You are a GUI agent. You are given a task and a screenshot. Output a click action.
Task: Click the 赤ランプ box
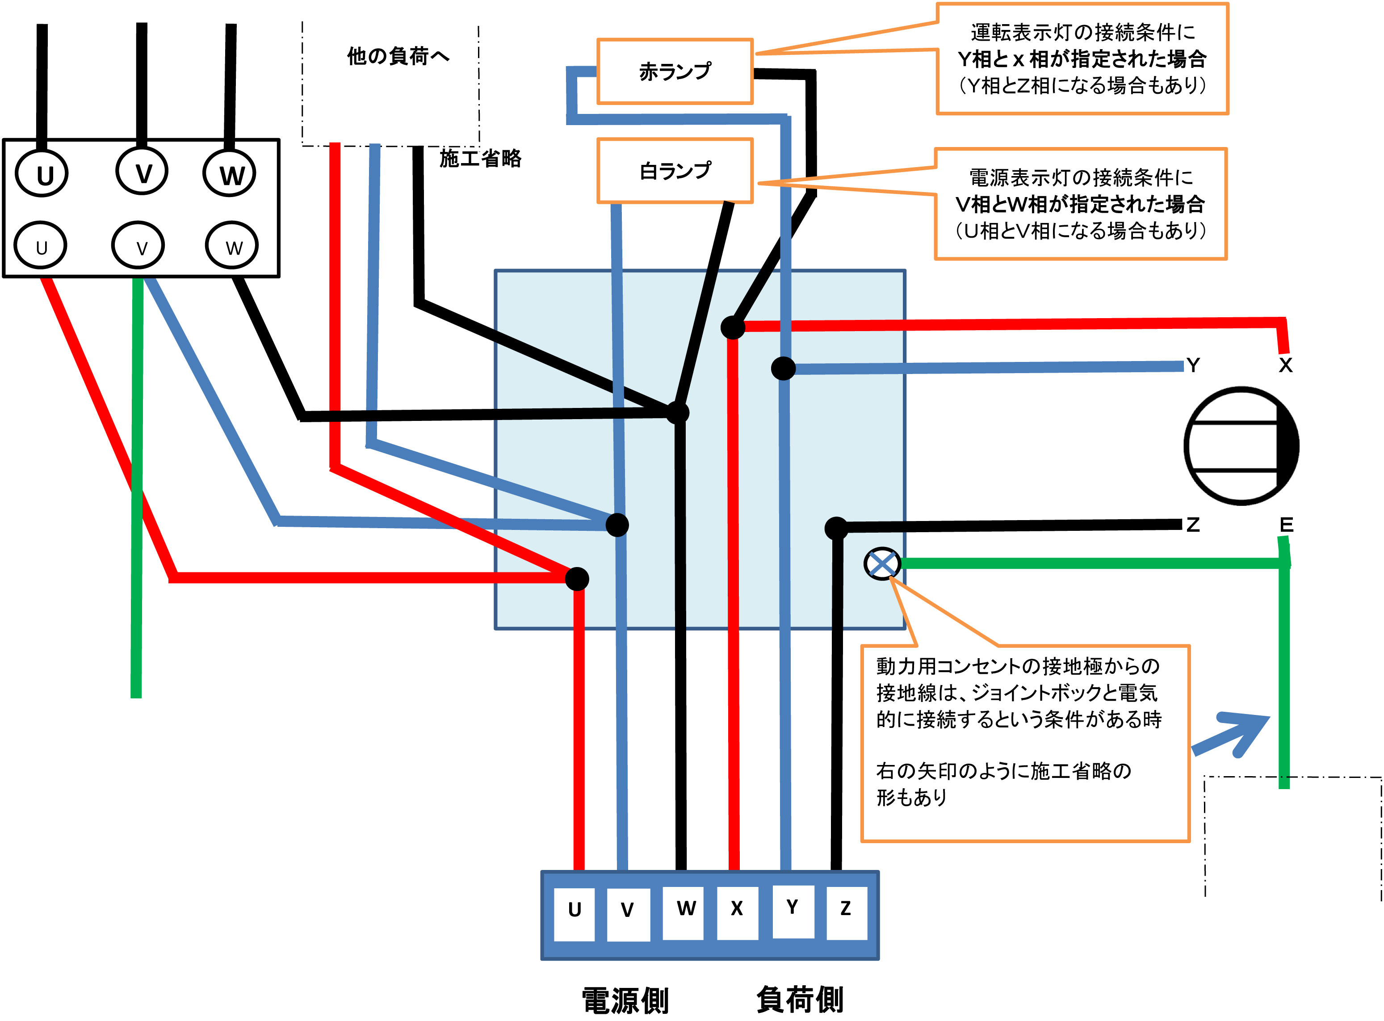coord(675,71)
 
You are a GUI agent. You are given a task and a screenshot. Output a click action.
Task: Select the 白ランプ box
coord(675,171)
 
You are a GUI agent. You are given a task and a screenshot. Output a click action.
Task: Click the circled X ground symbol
coord(882,563)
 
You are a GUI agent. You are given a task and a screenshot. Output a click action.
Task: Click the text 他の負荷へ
coord(398,56)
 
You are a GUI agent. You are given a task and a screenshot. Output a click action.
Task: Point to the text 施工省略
coord(480,159)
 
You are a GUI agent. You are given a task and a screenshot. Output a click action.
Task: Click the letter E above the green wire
coord(1286,525)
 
